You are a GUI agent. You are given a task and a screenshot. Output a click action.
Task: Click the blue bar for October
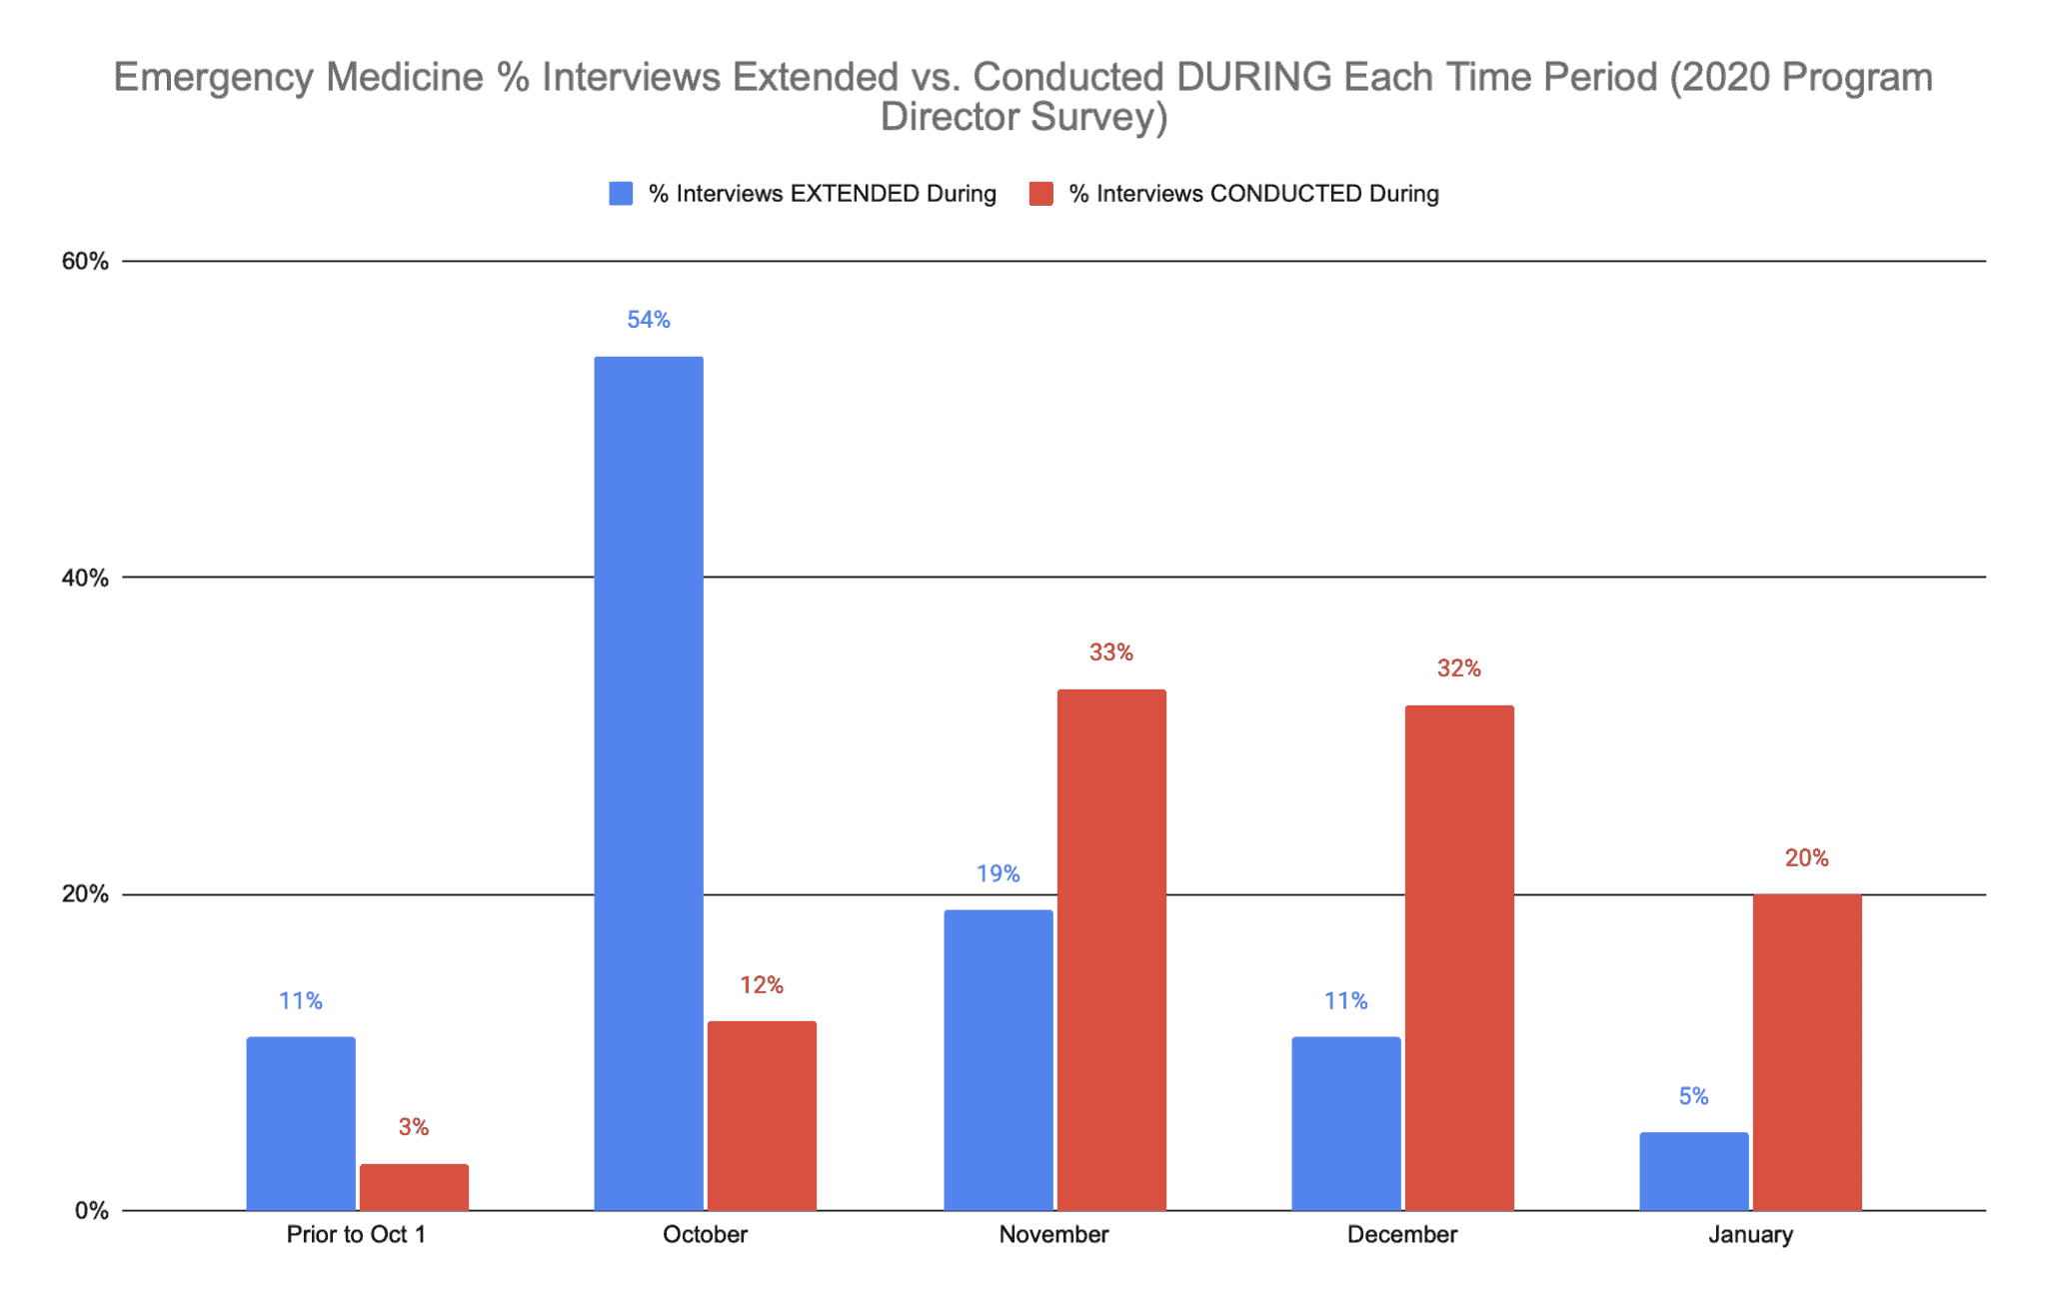tap(648, 783)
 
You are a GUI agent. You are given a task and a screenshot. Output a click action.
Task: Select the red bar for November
tap(1111, 949)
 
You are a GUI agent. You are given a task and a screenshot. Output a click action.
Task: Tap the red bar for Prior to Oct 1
tap(414, 1187)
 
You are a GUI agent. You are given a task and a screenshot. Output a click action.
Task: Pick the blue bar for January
tap(1693, 1171)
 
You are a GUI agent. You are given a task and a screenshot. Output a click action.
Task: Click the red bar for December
tap(1458, 957)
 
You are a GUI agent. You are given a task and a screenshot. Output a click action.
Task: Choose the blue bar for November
tap(998, 1059)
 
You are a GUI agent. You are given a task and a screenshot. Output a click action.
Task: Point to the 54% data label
tap(648, 320)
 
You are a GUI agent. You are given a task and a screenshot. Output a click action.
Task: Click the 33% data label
tap(1111, 653)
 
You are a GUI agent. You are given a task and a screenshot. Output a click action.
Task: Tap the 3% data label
tap(414, 1127)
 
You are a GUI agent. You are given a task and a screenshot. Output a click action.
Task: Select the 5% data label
tap(1693, 1096)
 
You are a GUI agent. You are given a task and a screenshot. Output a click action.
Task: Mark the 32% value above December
tap(1458, 668)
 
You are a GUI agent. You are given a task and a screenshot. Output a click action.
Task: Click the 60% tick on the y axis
tap(85, 262)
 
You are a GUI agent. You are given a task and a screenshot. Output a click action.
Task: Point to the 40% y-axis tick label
tap(85, 578)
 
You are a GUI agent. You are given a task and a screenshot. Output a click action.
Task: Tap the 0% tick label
tap(91, 1211)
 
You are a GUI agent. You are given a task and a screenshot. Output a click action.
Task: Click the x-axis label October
tap(705, 1235)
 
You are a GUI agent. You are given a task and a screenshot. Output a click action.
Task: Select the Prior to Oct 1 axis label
tap(356, 1235)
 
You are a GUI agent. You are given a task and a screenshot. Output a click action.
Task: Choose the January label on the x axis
tap(1750, 1235)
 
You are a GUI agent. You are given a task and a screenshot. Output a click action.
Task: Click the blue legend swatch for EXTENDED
tap(621, 194)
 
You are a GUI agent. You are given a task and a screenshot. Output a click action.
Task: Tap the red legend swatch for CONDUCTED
tap(1040, 194)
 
